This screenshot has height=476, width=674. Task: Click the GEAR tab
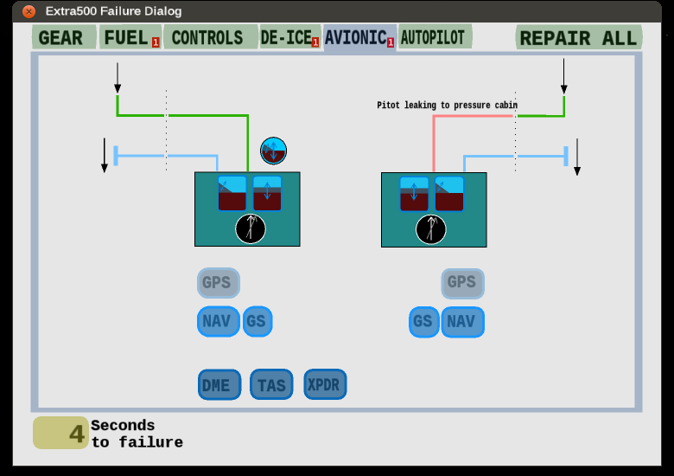[64, 37]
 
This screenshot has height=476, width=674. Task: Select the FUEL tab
[130, 37]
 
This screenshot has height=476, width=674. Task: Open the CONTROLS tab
[211, 37]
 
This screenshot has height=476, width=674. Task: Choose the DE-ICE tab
[289, 37]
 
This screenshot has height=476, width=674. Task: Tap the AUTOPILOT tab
[435, 37]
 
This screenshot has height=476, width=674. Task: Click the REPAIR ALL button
[579, 38]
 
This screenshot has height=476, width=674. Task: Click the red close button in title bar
[29, 11]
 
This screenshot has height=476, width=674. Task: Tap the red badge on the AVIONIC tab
[391, 42]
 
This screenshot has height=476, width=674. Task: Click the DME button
[219, 384]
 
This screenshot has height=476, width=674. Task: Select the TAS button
[271, 384]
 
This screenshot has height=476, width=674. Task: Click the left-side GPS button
[219, 283]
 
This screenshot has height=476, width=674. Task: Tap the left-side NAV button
[219, 321]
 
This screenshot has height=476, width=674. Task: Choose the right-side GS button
[423, 322]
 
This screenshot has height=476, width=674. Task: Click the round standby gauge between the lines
[273, 151]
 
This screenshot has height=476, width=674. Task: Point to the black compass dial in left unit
[251, 228]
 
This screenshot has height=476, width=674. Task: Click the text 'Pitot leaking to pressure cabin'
[447, 105]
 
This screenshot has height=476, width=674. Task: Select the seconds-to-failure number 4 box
[60, 433]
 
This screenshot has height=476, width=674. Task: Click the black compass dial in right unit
[431, 229]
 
